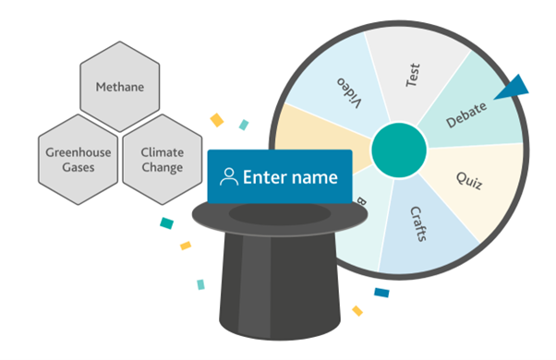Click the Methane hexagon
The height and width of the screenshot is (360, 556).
point(120,87)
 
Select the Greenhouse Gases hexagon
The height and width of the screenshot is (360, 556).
point(78,160)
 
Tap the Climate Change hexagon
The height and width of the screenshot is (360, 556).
point(163,160)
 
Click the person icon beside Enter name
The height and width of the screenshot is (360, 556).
point(229,177)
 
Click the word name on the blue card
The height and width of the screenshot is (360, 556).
point(315,178)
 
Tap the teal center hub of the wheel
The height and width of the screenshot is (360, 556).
point(399,150)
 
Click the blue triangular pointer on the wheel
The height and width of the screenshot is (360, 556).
point(514,89)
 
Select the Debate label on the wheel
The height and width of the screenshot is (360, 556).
point(465,114)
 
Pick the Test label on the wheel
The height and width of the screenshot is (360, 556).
point(413,75)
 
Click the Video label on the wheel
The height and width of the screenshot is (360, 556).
point(350,92)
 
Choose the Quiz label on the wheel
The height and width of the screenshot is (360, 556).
point(469,181)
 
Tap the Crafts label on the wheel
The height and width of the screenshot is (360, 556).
point(418,224)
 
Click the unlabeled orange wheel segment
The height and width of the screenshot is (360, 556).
point(320,135)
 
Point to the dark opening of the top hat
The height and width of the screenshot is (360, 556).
point(280,213)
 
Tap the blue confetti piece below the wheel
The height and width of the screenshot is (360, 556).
point(381,293)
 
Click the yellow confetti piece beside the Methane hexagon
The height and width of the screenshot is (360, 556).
point(217,120)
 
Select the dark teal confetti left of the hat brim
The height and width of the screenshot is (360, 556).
point(166,223)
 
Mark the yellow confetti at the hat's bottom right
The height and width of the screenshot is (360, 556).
point(357,311)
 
